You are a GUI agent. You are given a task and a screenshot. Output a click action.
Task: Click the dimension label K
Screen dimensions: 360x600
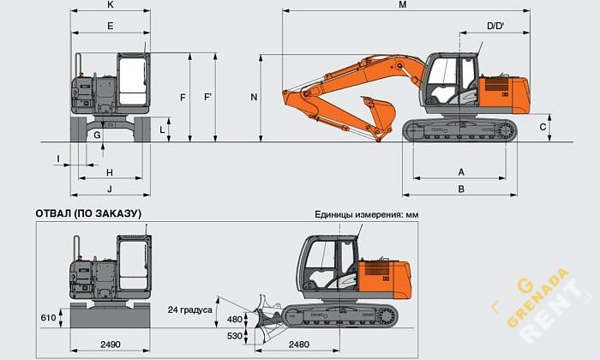coord(111,5)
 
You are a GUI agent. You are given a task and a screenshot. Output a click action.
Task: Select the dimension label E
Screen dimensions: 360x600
coord(111,27)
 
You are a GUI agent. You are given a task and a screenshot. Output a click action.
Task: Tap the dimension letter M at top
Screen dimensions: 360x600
coord(402,5)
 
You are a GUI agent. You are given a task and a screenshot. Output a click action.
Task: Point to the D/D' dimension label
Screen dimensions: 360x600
coord(495,27)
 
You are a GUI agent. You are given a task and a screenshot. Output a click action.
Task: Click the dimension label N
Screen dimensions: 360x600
coord(254,98)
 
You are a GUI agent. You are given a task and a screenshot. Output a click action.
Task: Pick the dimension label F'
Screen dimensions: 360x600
coord(207,98)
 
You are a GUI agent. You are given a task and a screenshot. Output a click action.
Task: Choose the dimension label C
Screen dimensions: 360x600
coord(543,127)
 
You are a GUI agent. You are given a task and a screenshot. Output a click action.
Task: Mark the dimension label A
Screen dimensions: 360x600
coord(460,172)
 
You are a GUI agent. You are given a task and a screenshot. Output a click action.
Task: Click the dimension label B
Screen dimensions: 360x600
coord(460,189)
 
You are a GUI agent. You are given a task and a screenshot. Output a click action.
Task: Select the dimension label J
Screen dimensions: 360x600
coord(110,189)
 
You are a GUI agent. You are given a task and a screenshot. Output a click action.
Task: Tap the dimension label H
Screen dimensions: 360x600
coord(110,172)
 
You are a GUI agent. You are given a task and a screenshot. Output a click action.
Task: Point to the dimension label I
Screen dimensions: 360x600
coord(58,158)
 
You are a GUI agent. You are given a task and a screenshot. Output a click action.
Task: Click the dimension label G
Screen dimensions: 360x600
coord(98,135)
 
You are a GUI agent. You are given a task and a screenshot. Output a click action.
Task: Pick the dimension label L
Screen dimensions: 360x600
coord(162,129)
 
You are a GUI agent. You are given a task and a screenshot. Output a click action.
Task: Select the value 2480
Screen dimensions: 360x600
coord(299,344)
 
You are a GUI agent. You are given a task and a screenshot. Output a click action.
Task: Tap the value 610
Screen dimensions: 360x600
coord(47,318)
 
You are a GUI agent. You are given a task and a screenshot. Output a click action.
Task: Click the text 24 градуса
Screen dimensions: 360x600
coord(189,309)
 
